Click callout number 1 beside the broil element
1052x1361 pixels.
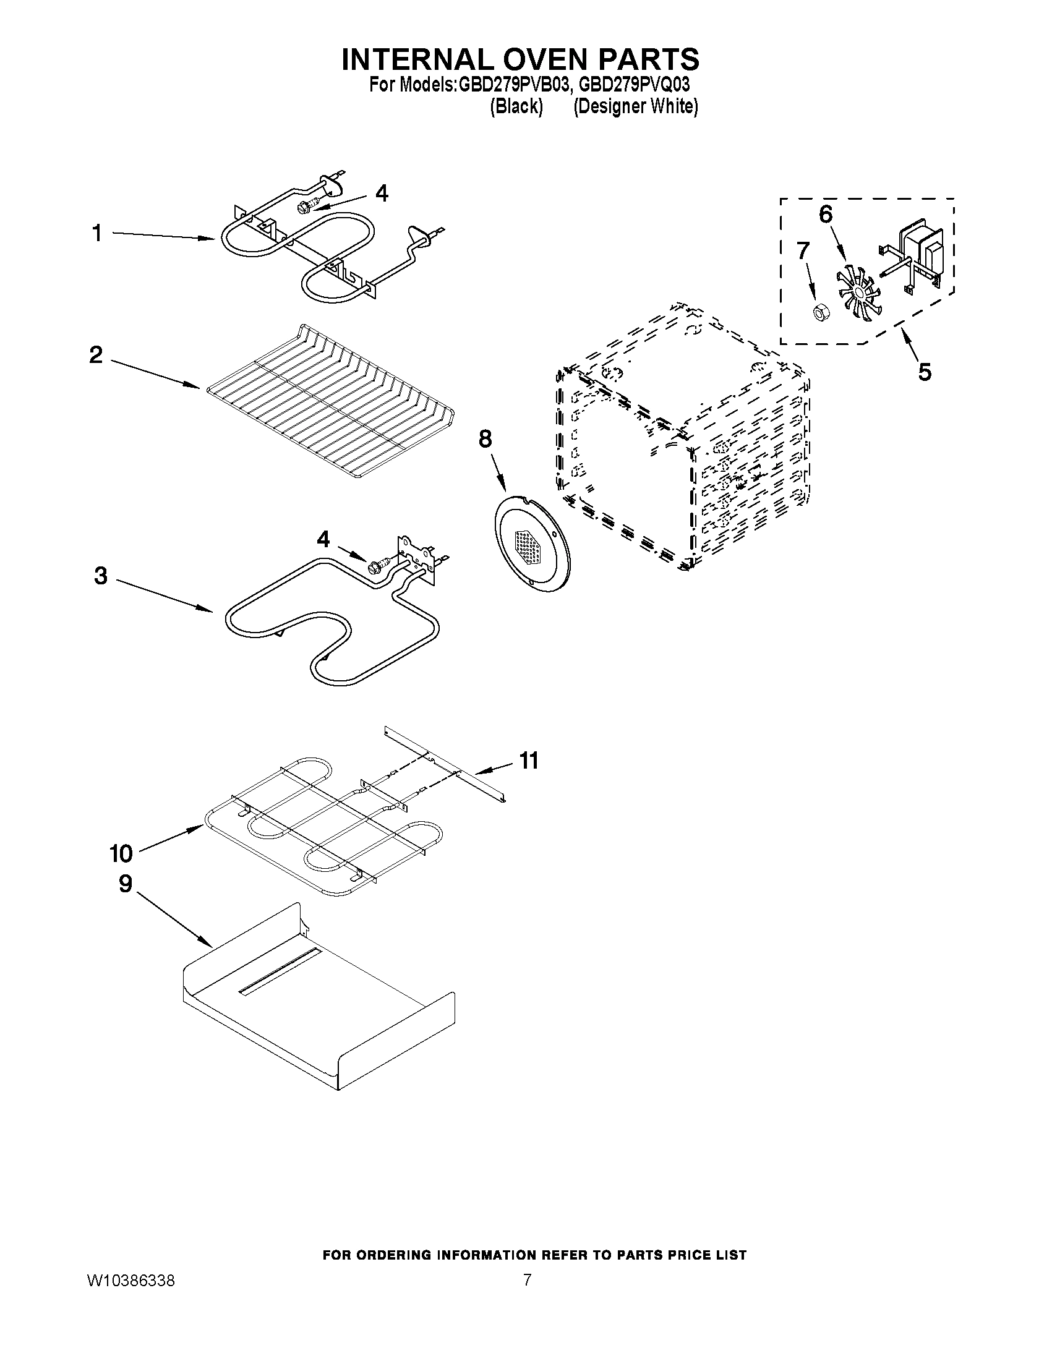(96, 234)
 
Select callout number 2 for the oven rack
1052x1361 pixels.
(96, 355)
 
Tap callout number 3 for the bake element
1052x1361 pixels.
(101, 576)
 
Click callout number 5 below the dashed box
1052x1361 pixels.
(925, 372)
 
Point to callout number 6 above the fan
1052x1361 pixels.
(825, 215)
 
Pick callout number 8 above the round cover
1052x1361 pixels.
(485, 439)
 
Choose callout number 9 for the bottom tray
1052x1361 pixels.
(126, 883)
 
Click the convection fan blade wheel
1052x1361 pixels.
(860, 292)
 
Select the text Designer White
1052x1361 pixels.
(635, 106)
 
